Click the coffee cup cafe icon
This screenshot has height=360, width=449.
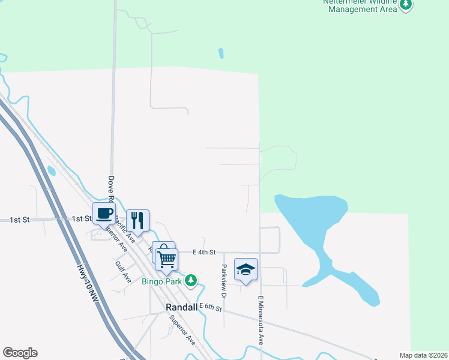(104, 213)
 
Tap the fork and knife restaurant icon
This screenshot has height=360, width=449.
(137, 221)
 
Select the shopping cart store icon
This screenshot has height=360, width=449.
(166, 259)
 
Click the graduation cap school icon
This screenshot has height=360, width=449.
(246, 269)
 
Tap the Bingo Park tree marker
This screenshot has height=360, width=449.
(191, 280)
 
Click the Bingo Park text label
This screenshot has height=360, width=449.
(161, 281)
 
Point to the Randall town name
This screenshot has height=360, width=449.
(181, 307)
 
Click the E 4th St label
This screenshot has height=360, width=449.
(204, 253)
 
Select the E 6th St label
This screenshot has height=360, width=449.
(211, 308)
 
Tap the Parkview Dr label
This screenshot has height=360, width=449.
(223, 282)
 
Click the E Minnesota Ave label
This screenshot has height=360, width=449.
(261, 320)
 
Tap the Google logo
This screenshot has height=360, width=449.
(20, 353)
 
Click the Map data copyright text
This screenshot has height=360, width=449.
(423, 355)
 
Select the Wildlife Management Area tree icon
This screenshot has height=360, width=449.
(406, 5)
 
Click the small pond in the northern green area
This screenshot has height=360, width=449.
(221, 53)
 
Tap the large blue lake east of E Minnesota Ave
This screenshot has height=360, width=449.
(312, 216)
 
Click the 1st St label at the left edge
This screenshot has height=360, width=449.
(19, 220)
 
